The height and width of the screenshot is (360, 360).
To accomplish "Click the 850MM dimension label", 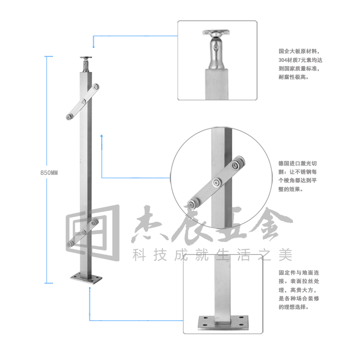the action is (x=49, y=173).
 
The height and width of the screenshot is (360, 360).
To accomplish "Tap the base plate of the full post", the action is (x=86, y=278).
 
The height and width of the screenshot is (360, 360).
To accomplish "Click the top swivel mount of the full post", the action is (x=86, y=64).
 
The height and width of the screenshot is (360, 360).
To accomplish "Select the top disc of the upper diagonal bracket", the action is (x=95, y=87).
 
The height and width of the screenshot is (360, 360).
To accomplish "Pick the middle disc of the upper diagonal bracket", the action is (x=83, y=102).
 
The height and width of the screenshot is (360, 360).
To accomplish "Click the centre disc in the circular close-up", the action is (x=216, y=183).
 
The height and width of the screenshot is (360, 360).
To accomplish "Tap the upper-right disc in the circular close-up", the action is (x=236, y=165).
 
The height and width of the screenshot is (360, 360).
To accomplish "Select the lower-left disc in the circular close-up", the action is (x=192, y=204).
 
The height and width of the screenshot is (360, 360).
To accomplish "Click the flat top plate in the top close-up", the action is (x=216, y=32).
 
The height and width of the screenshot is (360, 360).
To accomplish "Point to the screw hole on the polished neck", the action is (x=216, y=48).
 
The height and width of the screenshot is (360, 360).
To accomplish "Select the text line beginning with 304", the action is (x=300, y=60).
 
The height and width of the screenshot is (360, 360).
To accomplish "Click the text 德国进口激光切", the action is (x=298, y=163).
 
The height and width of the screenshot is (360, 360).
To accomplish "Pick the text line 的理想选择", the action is (x=294, y=307).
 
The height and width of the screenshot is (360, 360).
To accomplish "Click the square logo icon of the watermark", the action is (x=93, y=233).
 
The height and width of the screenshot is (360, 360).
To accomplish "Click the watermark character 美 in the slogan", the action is (x=285, y=255).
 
